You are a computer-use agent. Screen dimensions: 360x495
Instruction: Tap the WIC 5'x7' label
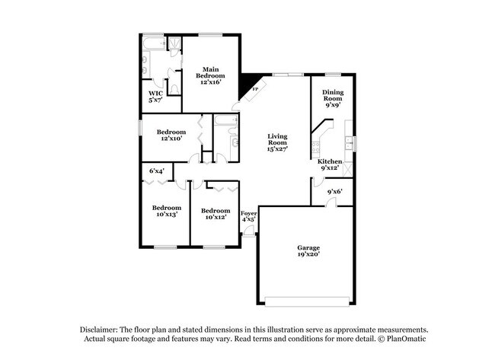(155, 96)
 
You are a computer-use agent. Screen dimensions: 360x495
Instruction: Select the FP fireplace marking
(255, 88)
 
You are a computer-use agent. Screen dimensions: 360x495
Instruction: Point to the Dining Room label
(333, 99)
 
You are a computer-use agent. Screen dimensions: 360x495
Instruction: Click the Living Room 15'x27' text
(276, 143)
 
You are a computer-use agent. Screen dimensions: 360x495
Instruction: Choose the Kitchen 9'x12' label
(330, 165)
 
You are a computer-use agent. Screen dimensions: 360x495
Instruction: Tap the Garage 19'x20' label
(308, 251)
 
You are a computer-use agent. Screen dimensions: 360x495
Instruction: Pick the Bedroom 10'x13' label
(165, 211)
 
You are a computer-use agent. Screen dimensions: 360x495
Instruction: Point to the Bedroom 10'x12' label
(216, 214)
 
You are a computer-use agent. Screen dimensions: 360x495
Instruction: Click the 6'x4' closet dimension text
(157, 171)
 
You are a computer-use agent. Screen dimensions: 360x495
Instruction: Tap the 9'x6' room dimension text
(335, 191)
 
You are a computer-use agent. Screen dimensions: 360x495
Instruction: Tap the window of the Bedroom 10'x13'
(165, 247)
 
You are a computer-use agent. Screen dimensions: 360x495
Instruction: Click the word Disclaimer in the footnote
(103, 329)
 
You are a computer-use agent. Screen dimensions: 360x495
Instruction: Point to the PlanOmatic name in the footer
(408, 338)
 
